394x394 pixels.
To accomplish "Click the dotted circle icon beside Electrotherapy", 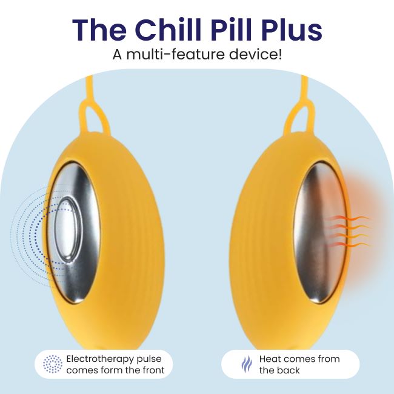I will point(53,364).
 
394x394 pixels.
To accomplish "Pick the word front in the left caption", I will point(152,370).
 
